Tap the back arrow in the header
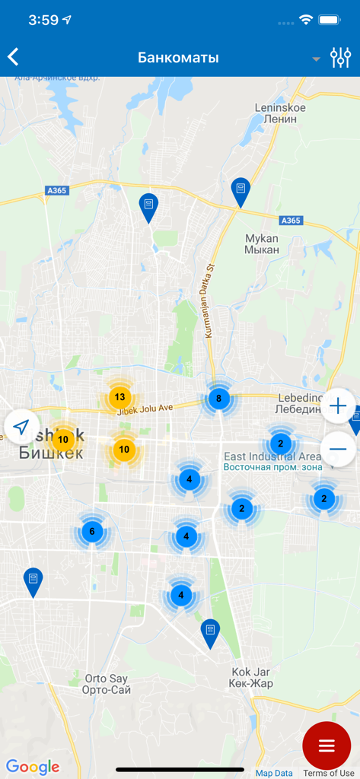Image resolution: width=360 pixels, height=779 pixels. tap(13, 57)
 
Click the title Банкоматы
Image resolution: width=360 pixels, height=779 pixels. tap(178, 58)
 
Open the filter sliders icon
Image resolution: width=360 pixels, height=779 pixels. tap(339, 58)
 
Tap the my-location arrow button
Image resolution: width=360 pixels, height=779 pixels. tap(22, 426)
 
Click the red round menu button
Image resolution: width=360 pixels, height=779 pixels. tap(327, 746)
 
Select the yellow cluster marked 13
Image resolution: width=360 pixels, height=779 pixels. tap(119, 397)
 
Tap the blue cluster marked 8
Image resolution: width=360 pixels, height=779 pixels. tap(219, 398)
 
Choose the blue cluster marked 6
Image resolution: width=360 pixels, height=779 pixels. tap(92, 532)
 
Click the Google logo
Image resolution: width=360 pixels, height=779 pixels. tap(33, 767)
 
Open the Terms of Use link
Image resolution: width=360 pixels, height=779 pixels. tap(329, 773)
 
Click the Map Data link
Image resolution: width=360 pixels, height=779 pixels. tap(274, 773)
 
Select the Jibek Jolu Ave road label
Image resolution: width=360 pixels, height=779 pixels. tap(145, 409)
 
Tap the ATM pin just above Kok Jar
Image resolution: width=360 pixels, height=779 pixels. tap(210, 631)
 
